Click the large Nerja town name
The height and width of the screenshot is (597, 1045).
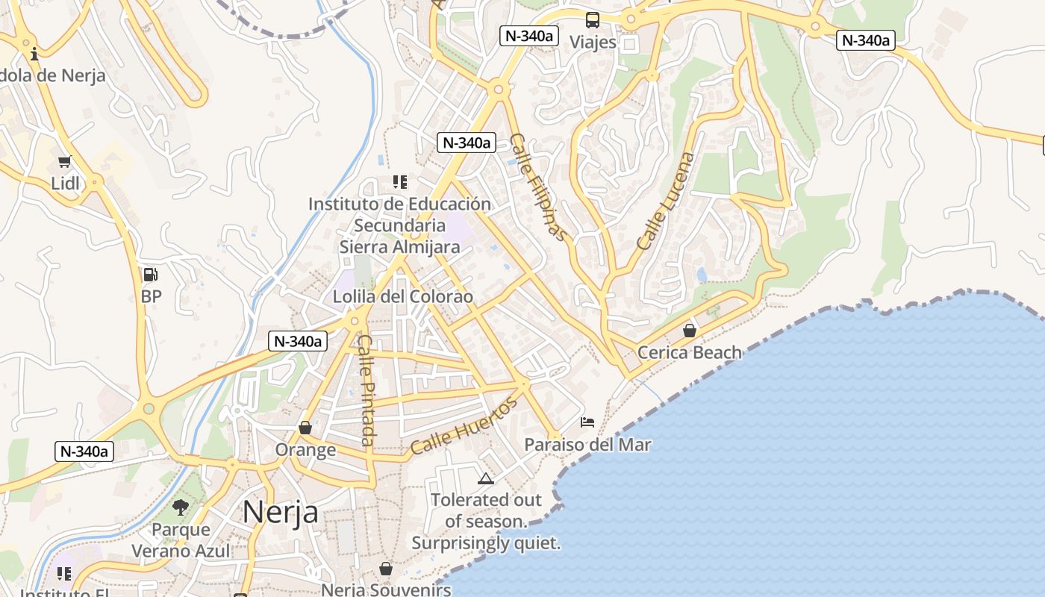[281, 512]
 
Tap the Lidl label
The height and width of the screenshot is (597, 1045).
[65, 183]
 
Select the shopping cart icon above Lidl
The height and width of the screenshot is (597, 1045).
[65, 162]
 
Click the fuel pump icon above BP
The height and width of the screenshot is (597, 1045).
[150, 275]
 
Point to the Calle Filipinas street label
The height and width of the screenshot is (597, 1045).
[538, 187]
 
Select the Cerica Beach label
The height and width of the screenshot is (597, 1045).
[690, 352]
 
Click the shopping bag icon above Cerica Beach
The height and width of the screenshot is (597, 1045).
[690, 330]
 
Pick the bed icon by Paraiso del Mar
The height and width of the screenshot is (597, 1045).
[587, 422]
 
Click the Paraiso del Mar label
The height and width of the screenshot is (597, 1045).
[587, 445]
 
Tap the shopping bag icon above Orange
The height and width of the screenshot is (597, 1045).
[305, 428]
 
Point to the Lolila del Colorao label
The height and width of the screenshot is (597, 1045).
[403, 296]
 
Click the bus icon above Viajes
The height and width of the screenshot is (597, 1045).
[593, 20]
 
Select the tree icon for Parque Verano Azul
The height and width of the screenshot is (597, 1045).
[181, 507]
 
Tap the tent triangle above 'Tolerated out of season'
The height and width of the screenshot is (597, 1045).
[486, 478]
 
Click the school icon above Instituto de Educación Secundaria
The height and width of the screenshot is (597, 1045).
[400, 181]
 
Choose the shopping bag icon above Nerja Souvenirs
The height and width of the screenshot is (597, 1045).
[386, 569]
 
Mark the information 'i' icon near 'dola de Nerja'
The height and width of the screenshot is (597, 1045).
[34, 54]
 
